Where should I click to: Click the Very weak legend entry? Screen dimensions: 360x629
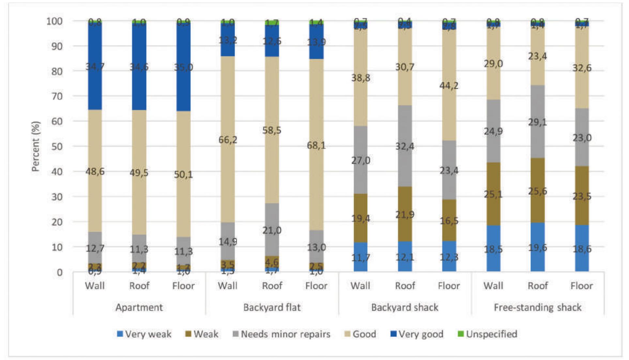144,334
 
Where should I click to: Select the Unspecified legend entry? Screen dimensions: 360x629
487,334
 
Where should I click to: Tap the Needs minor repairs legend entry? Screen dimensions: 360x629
281,334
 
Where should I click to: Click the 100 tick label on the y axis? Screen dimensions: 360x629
54,21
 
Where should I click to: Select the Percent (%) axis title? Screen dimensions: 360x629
36,146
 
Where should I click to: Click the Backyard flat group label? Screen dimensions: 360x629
272,307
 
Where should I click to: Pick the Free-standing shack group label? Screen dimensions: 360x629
537,307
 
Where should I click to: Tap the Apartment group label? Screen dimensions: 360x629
139,307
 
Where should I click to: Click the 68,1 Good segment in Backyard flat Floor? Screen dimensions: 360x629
316,145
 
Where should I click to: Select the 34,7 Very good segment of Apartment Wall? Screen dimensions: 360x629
95,66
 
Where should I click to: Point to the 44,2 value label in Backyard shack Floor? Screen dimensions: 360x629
449,86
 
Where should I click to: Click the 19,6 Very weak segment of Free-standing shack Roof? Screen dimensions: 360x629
537,247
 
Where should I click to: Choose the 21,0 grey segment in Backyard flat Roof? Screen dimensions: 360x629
272,230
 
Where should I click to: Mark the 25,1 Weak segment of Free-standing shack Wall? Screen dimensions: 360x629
493,194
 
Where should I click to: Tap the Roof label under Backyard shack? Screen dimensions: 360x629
405,286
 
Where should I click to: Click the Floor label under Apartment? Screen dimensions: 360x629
183,286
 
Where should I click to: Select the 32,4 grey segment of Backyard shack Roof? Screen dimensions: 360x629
405,146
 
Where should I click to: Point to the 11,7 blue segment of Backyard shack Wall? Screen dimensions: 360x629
361,257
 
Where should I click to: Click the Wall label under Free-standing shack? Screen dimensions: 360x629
493,286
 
